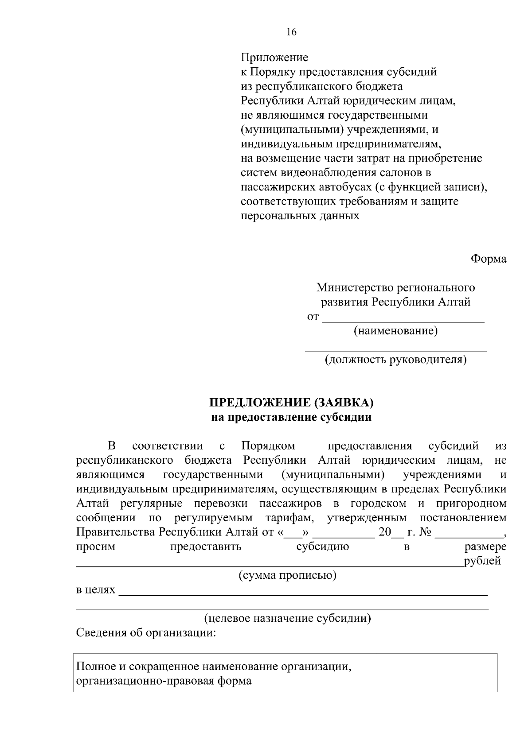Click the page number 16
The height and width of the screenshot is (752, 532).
click(291, 32)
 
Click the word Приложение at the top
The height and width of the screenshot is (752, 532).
click(274, 58)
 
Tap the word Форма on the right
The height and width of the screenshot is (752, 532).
click(488, 259)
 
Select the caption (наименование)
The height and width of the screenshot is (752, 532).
click(395, 331)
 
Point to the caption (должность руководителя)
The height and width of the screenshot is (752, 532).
click(395, 360)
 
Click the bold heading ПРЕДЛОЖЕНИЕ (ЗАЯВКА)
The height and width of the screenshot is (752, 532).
click(291, 403)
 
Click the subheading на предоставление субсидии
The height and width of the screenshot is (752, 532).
click(291, 417)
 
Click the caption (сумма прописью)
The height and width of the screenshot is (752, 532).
click(288, 575)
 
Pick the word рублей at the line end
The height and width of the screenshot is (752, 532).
click(482, 561)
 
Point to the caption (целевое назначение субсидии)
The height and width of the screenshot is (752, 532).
click(288, 618)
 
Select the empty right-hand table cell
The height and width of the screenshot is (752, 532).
click(437, 672)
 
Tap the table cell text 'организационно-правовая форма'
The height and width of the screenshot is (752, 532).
click(164, 681)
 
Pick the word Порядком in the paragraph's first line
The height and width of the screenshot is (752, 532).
click(268, 446)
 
